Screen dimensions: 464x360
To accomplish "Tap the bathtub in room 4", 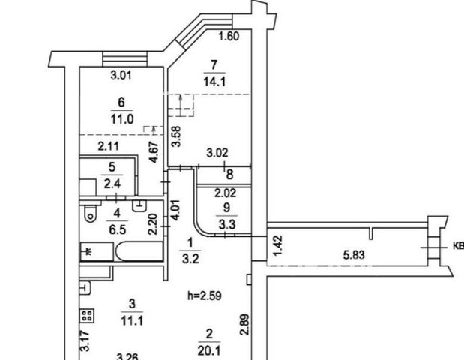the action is click(x=139, y=251).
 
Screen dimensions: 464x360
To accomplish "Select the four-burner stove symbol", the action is click(x=87, y=316).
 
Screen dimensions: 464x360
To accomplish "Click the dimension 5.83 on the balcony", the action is click(x=354, y=254).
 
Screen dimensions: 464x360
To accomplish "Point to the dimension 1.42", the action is click(x=278, y=245).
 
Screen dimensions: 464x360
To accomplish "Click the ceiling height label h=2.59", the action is click(x=205, y=295).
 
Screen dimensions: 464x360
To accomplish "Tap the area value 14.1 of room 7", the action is click(x=214, y=81).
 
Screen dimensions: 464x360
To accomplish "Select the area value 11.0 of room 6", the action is click(x=122, y=119).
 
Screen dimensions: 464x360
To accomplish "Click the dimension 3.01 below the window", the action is click(x=121, y=75).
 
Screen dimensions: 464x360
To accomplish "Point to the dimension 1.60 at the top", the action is click(x=229, y=37).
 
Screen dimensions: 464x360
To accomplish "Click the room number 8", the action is click(x=229, y=175).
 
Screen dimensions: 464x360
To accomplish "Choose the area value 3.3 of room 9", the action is click(x=227, y=224).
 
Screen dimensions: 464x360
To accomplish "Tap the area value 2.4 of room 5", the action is click(x=112, y=184).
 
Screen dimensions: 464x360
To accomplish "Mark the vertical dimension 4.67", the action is click(x=154, y=152).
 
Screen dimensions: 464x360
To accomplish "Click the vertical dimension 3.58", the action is click(x=176, y=136).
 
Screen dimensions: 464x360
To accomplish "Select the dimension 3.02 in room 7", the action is click(x=217, y=153).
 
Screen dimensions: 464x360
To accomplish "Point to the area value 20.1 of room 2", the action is click(x=209, y=351).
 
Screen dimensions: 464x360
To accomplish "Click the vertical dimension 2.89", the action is click(x=244, y=325).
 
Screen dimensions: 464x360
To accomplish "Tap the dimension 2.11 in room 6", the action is click(x=108, y=146).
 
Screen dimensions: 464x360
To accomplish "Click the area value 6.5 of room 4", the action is click(x=118, y=229).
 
